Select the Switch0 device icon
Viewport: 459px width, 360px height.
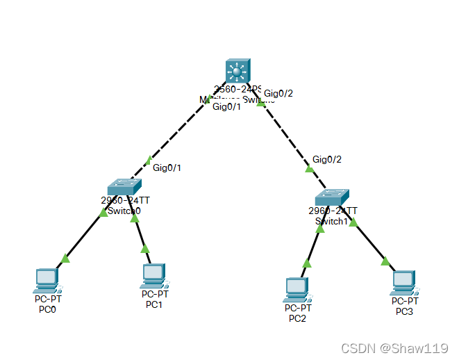tap(124, 186)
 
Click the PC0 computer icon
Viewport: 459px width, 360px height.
tap(47, 280)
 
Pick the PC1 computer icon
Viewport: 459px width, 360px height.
tap(153, 276)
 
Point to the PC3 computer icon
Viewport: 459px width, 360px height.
tap(403, 282)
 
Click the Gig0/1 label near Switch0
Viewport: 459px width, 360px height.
tap(167, 167)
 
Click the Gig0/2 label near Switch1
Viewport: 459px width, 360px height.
tap(327, 159)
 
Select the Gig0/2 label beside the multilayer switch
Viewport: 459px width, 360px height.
tap(278, 93)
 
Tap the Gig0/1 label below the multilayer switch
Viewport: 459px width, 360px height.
tap(226, 107)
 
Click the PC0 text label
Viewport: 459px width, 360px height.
tap(47, 309)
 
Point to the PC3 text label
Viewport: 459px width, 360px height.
tap(404, 311)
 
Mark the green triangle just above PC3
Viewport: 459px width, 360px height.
tap(385, 261)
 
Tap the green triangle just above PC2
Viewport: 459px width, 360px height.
tap(306, 263)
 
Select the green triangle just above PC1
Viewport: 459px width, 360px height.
tap(145, 248)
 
